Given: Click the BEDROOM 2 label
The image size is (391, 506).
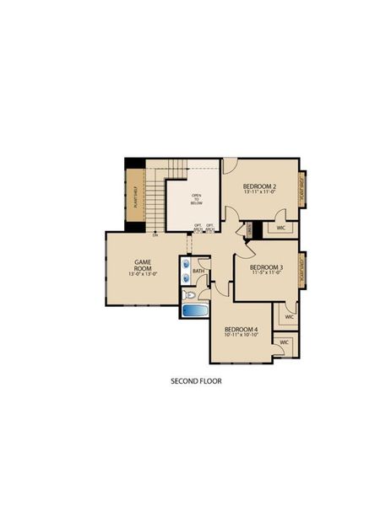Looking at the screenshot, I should point(259,186).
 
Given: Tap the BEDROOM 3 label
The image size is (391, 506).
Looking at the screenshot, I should point(266,267).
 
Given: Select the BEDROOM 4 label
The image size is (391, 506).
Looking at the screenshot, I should point(242,328).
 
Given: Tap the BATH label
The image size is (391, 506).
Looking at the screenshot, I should point(198,271).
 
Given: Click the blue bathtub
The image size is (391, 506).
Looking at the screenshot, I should point(195,311).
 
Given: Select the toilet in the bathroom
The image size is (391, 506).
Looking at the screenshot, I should point(191,296).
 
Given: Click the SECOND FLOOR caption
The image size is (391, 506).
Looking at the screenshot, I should point(196,381).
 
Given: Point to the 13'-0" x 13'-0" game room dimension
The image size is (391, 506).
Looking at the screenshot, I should point(143,274).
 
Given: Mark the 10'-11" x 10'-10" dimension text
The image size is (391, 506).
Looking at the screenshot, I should point(242,336).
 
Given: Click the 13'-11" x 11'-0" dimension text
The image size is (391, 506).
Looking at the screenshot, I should point(259,193).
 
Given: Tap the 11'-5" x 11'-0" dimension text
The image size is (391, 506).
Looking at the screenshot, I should point(266,275).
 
